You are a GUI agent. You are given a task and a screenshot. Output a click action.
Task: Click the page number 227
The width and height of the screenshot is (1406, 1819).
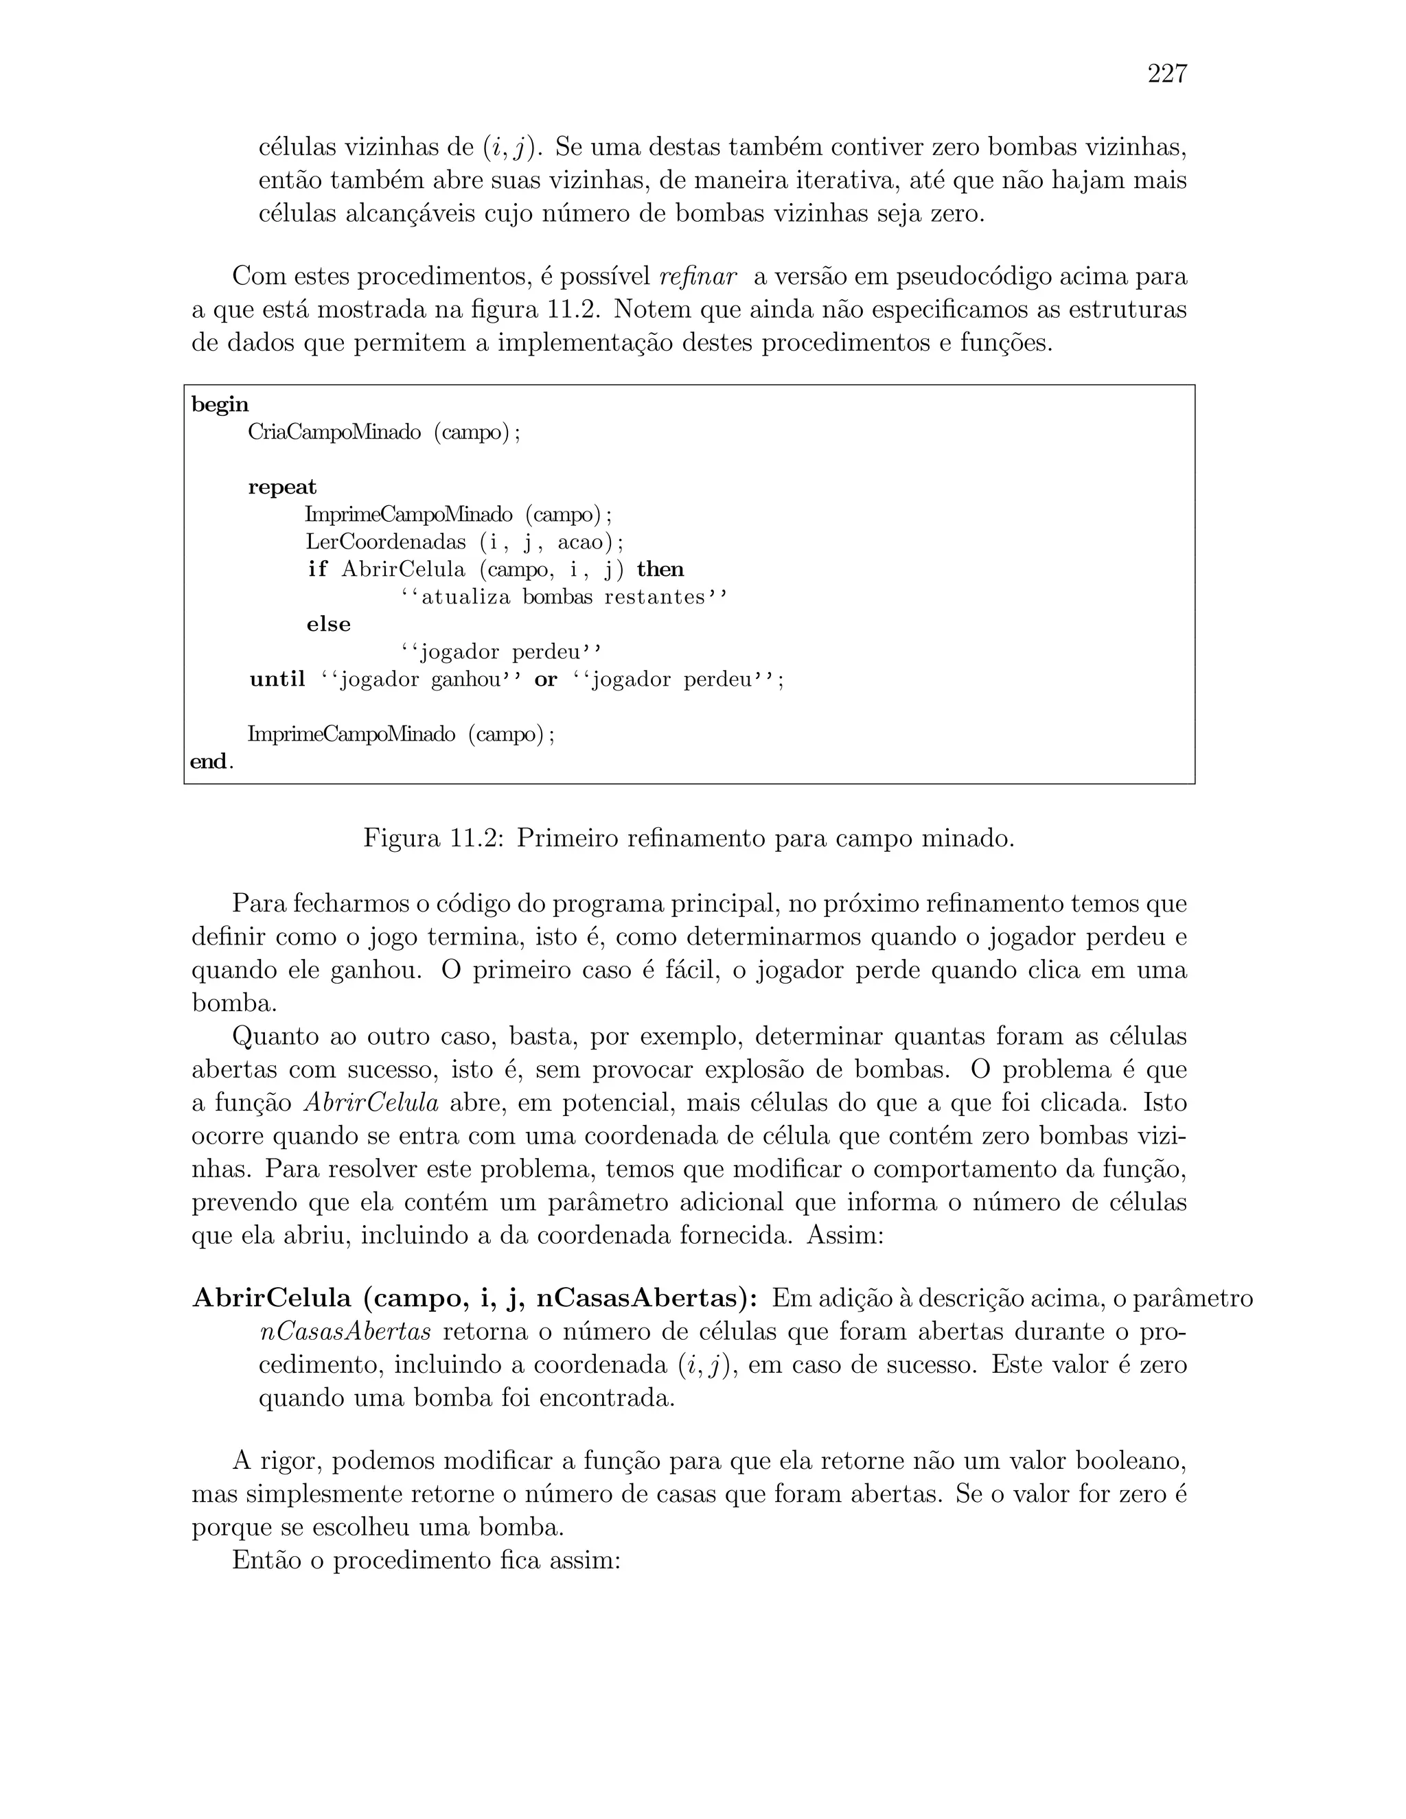pyautogui.click(x=1167, y=74)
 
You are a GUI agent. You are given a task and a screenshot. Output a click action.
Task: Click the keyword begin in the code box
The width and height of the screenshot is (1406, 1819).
pyautogui.click(x=220, y=405)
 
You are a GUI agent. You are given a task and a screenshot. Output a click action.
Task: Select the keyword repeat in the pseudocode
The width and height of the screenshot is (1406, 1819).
pyautogui.click(x=282, y=487)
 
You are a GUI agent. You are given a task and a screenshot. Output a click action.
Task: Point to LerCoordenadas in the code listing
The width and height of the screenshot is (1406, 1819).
pyautogui.click(x=386, y=542)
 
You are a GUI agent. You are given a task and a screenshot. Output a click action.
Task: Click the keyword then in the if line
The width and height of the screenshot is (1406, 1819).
pyautogui.click(x=660, y=570)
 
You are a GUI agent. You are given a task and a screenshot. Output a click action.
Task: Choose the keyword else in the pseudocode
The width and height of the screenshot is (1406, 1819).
pyautogui.click(x=328, y=625)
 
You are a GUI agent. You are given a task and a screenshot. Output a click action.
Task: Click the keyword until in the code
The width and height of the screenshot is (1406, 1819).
pyautogui.click(x=277, y=680)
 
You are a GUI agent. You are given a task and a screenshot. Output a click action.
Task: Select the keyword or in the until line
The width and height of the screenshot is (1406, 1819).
pyautogui.click(x=546, y=680)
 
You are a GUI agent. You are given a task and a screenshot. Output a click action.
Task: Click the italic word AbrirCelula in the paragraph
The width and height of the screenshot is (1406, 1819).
pyautogui.click(x=371, y=1103)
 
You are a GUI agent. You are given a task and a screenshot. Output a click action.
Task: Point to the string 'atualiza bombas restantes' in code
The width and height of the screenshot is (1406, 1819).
pyautogui.click(x=564, y=598)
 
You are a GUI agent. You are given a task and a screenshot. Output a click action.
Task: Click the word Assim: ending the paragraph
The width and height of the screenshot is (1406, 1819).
pyautogui.click(x=844, y=1234)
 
